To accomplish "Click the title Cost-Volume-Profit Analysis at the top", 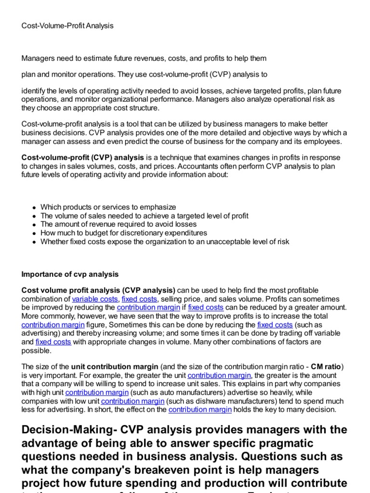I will [67, 26].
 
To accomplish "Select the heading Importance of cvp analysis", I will [70, 274].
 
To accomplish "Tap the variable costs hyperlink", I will [94, 299].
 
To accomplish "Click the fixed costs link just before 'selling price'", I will [139, 299].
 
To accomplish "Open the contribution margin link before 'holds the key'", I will [200, 410].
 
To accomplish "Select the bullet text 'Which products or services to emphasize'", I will [108, 207].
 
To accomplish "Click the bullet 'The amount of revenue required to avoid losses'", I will [119, 224].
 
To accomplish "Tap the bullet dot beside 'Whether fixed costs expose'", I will [34, 242].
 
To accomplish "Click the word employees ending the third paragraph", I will [325, 142].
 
